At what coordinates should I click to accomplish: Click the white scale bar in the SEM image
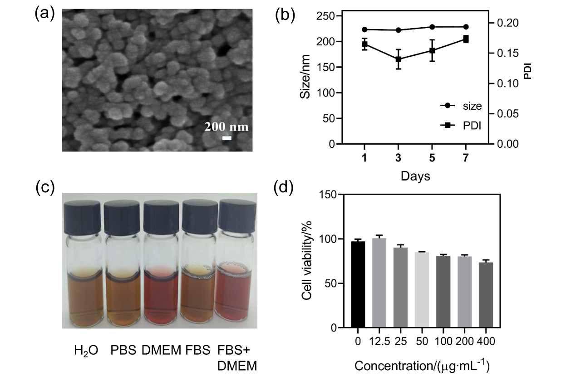tap(227, 137)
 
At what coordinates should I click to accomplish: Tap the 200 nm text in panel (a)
tap(226, 127)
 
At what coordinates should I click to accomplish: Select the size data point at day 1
tap(364, 29)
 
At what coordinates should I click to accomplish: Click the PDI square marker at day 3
tap(399, 59)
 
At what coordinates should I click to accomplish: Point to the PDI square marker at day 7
tap(466, 39)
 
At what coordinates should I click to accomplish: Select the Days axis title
tap(415, 176)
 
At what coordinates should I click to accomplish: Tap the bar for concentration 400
tap(485, 295)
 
